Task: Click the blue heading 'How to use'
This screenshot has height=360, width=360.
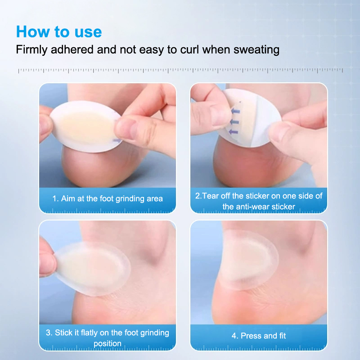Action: click(59, 31)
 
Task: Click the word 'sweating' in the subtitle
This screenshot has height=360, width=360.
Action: click(256, 50)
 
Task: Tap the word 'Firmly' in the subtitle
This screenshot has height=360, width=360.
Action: click(31, 50)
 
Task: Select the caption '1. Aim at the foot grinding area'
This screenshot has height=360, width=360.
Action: click(108, 198)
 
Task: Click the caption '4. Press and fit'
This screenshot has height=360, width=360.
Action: click(259, 336)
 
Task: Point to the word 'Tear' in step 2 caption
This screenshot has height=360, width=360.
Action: click(210, 196)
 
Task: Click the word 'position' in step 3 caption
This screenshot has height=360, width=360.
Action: click(108, 343)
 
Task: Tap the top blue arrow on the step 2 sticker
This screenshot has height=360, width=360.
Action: click(235, 112)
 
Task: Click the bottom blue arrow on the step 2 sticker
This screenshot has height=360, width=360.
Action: click(233, 132)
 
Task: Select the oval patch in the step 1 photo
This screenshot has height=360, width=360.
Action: click(85, 126)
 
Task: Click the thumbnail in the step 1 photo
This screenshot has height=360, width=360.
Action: click(125, 129)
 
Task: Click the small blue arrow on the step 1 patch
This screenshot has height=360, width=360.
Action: click(117, 140)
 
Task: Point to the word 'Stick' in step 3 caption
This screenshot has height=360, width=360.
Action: click(63, 333)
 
